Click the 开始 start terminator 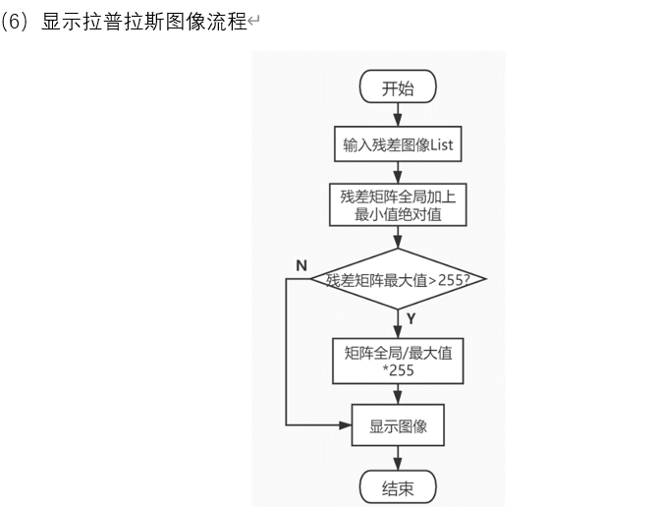398,87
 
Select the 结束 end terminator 398,486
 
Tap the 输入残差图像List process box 397,145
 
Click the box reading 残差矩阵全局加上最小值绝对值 397,204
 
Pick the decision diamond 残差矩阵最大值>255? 398,280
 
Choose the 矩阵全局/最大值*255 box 397,361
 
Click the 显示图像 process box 397,426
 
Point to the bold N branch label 301,265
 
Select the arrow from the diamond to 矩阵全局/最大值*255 398,322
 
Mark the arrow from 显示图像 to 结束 398,457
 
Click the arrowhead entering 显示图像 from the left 346,426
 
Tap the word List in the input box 441,145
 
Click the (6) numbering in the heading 18,22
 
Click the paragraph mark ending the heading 253,23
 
